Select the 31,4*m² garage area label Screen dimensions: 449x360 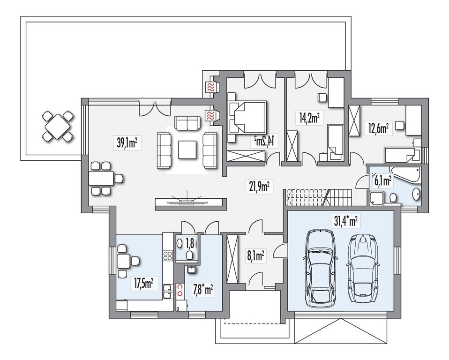coord(346,221)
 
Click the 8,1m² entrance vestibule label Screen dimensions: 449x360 coord(255,256)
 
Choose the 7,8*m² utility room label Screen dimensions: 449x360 coord(203,290)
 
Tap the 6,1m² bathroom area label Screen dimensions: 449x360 coord(383,180)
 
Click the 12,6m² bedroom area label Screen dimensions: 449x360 coord(378,129)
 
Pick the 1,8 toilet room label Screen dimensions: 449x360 coord(190,243)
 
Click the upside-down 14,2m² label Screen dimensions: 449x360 coord(265,141)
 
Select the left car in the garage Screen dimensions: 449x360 coord(320,268)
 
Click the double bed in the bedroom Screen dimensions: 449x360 coord(247,117)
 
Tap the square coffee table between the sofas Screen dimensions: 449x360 coord(187,150)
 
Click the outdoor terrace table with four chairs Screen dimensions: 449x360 coord(58,126)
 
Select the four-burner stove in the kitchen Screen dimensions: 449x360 coord(168,256)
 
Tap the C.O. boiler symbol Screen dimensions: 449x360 coord(180,287)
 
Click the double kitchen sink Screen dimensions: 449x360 coord(168,292)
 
